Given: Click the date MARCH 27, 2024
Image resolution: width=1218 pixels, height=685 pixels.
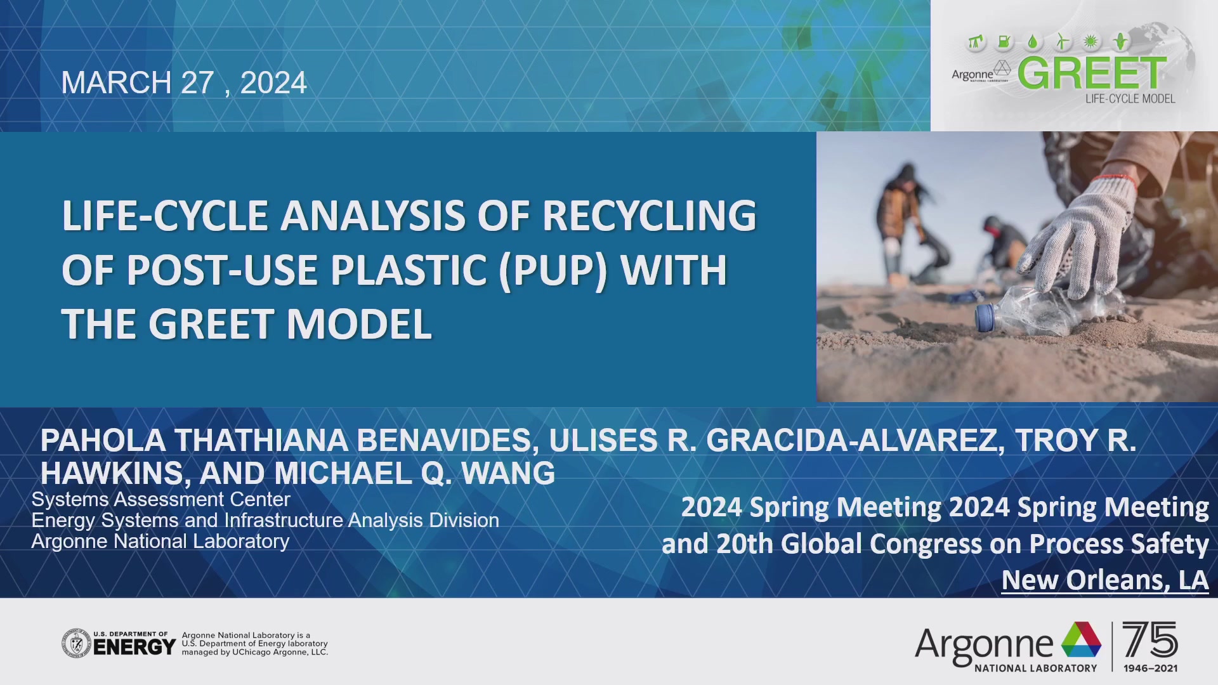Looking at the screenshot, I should coord(184,83).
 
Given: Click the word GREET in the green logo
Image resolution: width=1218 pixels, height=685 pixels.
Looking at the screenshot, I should coord(1092,74).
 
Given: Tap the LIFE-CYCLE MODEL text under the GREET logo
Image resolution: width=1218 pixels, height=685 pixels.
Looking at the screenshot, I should coord(1130,99).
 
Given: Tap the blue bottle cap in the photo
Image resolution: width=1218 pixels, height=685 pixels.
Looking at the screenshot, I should coord(985,317).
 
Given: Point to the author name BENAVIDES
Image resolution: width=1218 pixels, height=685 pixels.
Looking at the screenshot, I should coord(443,441).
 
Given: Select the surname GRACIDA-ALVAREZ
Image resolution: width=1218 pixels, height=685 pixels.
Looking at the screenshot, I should coord(855,441).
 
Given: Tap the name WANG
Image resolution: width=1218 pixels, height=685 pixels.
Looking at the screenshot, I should coord(508,474).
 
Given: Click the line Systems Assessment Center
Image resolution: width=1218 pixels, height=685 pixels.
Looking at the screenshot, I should coord(160,500).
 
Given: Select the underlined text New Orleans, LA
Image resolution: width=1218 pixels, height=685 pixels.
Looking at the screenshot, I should coord(1104,580).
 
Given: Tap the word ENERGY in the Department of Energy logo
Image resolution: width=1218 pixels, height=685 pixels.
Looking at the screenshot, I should coord(134,648).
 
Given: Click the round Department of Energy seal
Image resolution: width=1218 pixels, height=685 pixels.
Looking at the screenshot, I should coord(77,644).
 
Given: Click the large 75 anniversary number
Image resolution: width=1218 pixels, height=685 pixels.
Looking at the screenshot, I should coord(1149,640).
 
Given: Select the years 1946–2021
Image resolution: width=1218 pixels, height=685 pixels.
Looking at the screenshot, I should coord(1150,669).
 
